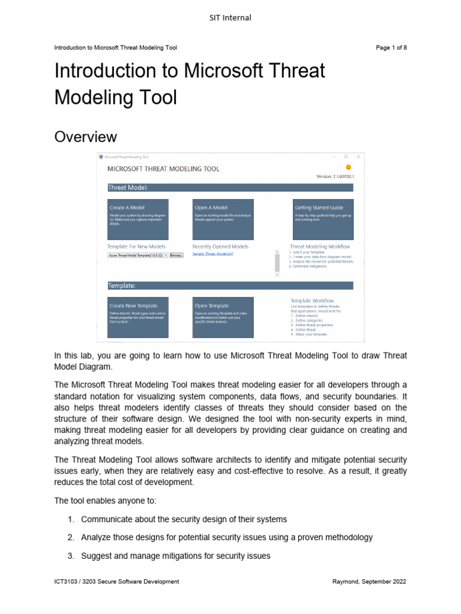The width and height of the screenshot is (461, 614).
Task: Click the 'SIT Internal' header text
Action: coord(230,18)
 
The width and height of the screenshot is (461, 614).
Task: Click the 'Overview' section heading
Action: coord(85,137)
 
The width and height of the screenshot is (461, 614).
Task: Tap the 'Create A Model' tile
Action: coord(137,219)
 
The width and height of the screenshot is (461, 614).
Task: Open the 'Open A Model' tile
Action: coord(223,219)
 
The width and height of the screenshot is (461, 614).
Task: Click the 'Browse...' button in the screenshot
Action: coord(176,255)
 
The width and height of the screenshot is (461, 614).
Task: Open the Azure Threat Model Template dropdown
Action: coord(137,255)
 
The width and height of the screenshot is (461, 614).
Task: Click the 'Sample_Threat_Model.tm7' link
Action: coord(212,254)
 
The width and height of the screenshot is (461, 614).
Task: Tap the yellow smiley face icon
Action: coord(348,167)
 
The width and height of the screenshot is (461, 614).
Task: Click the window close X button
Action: coord(358,156)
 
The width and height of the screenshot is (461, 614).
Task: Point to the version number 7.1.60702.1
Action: coord(335,176)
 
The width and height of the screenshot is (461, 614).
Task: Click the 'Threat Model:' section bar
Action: coord(230,188)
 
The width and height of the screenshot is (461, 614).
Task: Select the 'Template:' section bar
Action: coord(230,285)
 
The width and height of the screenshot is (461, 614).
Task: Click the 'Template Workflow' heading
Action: coord(312,300)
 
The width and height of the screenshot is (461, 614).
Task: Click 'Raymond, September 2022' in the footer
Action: coord(370,582)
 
